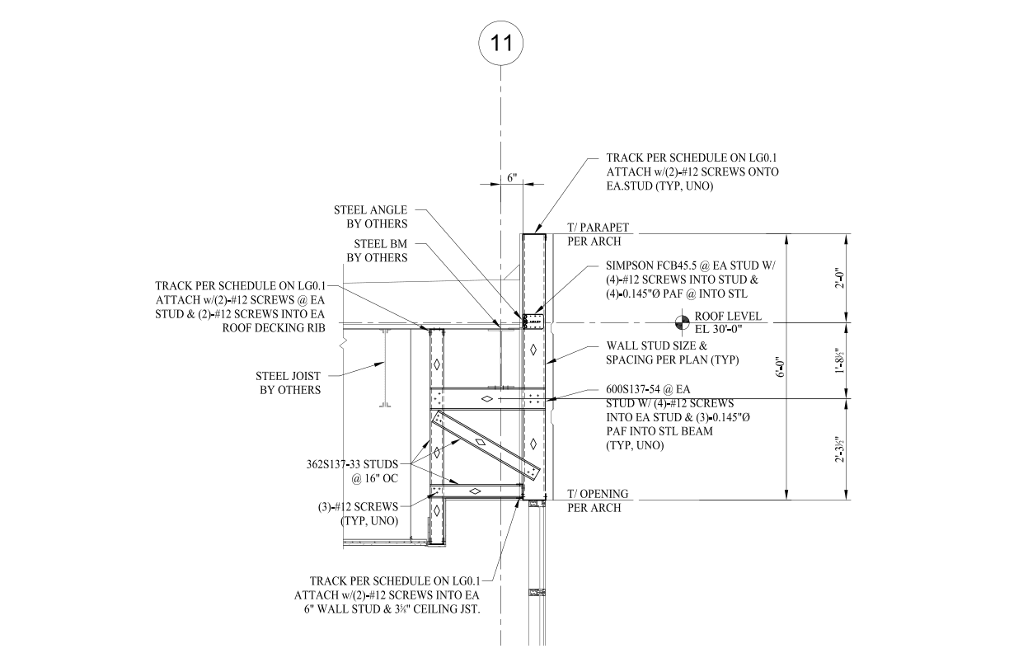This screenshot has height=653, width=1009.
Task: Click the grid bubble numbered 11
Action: point(501,43)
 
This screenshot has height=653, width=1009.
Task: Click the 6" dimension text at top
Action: point(511,178)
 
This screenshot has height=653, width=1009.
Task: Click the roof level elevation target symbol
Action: point(682,321)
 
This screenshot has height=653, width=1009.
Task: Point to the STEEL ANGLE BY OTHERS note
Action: point(370,217)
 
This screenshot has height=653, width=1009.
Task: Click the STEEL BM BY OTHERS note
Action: point(380,251)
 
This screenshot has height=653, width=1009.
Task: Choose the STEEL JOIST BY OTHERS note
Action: point(289,383)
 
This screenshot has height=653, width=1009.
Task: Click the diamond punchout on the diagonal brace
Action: point(479,443)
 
